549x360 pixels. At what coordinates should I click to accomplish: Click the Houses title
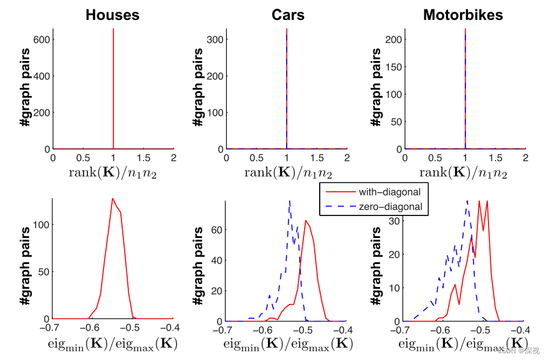click(112, 14)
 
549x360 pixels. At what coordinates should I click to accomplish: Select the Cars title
click(288, 14)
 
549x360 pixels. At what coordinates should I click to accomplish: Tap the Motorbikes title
click(463, 14)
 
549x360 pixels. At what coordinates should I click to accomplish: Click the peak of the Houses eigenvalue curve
click(112, 199)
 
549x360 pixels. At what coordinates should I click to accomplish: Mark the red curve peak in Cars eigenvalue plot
click(305, 220)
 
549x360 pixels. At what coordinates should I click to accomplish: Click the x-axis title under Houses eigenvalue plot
click(113, 344)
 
